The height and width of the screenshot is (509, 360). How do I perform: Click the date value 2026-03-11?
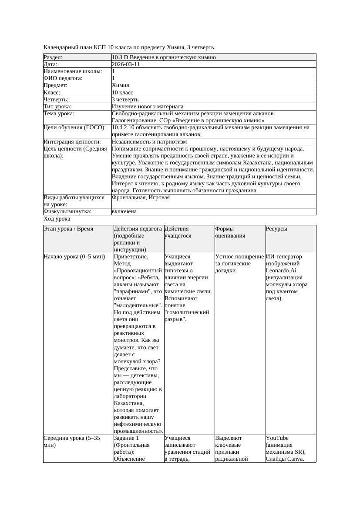click(x=126, y=64)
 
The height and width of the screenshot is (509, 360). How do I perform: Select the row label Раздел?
click(x=53, y=57)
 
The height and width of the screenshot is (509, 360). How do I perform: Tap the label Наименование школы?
click(x=73, y=71)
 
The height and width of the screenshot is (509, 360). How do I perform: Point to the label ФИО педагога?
click(x=63, y=78)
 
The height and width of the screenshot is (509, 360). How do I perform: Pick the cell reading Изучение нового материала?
click(x=148, y=106)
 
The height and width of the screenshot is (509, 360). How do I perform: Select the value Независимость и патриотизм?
click(x=149, y=141)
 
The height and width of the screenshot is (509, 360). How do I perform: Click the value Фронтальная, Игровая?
click(x=141, y=198)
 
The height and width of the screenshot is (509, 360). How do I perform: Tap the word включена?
click(x=124, y=211)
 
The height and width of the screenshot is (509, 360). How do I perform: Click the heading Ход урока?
click(x=57, y=219)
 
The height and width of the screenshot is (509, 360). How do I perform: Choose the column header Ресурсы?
click(x=276, y=229)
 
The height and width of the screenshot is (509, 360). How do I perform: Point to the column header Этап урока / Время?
click(x=68, y=229)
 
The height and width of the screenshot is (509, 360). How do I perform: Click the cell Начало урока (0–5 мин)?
click(x=74, y=257)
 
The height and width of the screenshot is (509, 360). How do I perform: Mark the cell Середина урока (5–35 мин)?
click(x=72, y=442)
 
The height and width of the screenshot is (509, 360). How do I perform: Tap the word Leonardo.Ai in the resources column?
click(x=281, y=271)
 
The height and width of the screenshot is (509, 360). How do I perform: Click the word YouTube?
click(x=277, y=438)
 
